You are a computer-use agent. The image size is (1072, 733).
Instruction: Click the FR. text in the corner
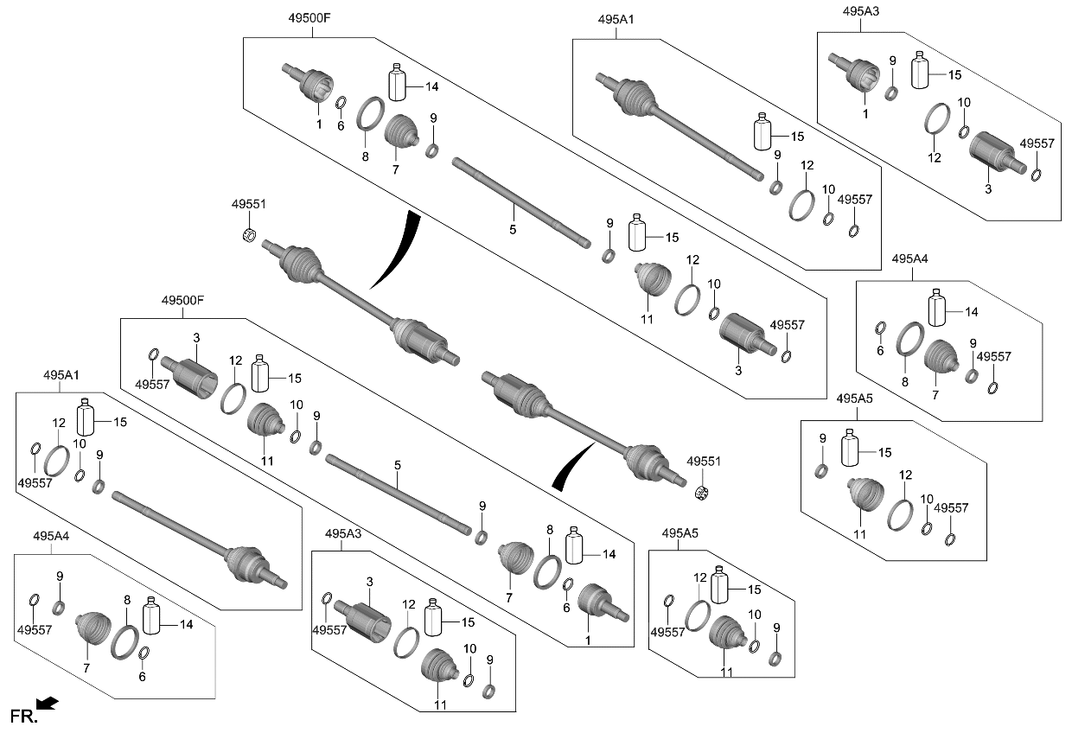(24, 715)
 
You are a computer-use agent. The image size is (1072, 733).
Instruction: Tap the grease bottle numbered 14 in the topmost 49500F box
(398, 84)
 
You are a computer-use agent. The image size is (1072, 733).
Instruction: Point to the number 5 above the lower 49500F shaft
(398, 466)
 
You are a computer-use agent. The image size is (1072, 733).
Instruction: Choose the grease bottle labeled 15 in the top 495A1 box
(763, 133)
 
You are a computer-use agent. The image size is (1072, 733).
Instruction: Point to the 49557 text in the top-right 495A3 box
(1037, 143)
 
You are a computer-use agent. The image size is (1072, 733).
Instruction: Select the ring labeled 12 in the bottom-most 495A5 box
(697, 615)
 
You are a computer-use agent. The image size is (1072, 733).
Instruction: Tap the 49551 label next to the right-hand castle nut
(704, 462)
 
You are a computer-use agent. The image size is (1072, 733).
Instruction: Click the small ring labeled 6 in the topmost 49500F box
(341, 106)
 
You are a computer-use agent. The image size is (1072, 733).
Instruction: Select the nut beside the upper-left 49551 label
(251, 233)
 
